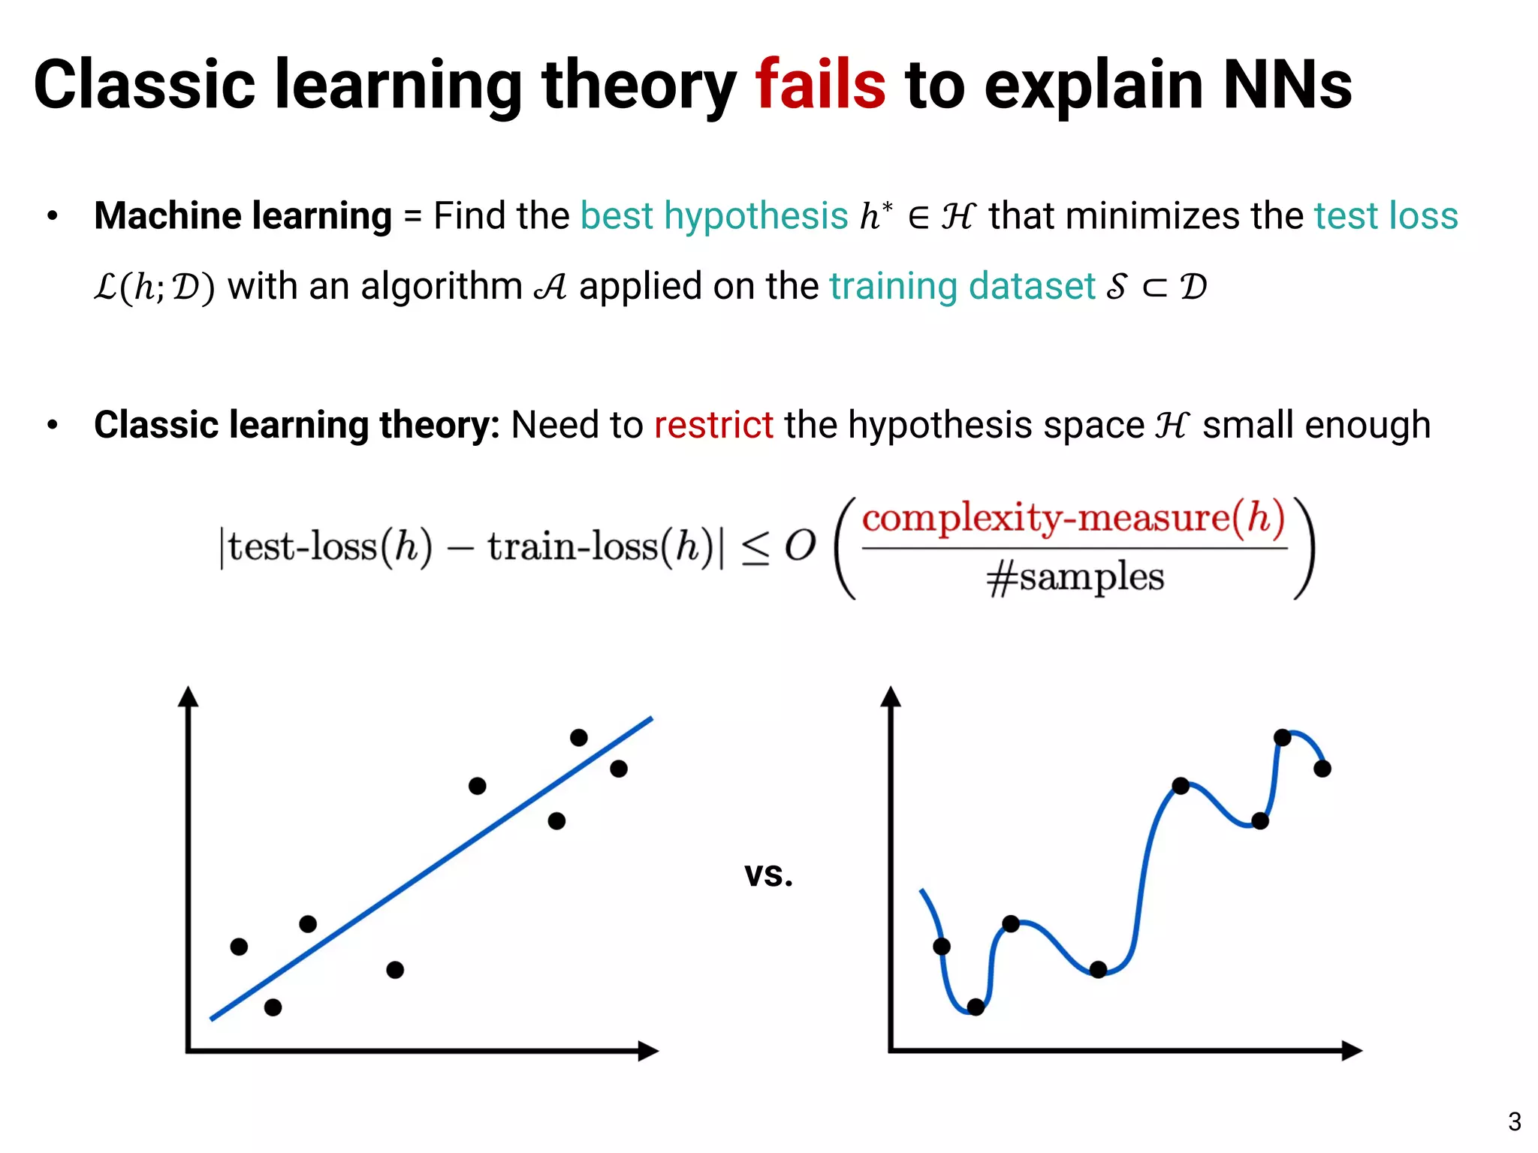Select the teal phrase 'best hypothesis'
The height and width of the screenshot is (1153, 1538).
(713, 216)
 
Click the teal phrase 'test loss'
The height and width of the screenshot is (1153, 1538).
(1386, 216)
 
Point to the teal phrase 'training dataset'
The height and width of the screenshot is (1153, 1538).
(962, 286)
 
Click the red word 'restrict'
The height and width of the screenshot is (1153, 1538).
(713, 425)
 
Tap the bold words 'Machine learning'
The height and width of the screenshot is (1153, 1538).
(243, 216)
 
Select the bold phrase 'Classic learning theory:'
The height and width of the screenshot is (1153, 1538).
(297, 425)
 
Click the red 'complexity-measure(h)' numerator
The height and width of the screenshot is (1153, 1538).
(1074, 518)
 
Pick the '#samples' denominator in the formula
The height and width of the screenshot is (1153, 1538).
(1075, 577)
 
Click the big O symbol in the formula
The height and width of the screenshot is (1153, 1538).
(800, 546)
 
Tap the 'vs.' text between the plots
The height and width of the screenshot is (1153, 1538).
(768, 874)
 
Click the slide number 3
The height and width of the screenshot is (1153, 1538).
(1514, 1121)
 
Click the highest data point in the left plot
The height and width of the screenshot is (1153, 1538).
(578, 737)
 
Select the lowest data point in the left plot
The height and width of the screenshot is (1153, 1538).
(273, 1007)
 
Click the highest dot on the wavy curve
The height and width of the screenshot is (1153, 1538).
(1282, 737)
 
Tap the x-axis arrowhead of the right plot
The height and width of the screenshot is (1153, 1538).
(1352, 1050)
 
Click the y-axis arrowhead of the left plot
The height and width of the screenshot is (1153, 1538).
(188, 697)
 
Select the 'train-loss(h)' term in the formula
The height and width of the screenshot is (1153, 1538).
(599, 546)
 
